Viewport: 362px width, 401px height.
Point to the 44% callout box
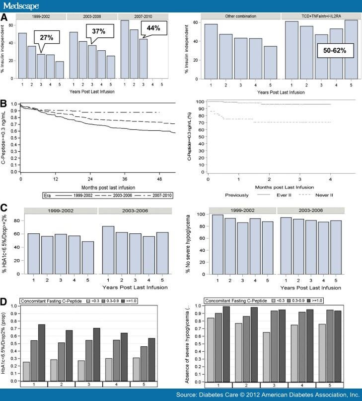point(153,28)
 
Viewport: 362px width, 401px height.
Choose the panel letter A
point(4,15)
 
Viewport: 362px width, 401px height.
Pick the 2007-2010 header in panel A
point(142,16)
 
